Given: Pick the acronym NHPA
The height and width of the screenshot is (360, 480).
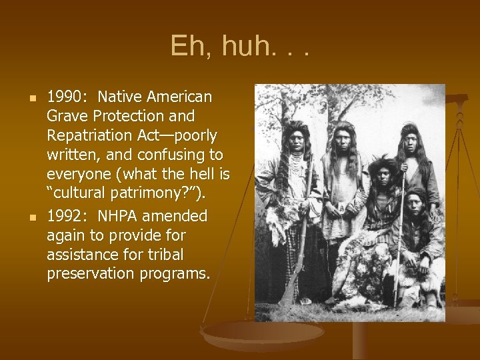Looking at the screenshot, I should (124, 217).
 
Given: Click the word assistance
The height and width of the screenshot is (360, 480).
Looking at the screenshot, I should (81, 255).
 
